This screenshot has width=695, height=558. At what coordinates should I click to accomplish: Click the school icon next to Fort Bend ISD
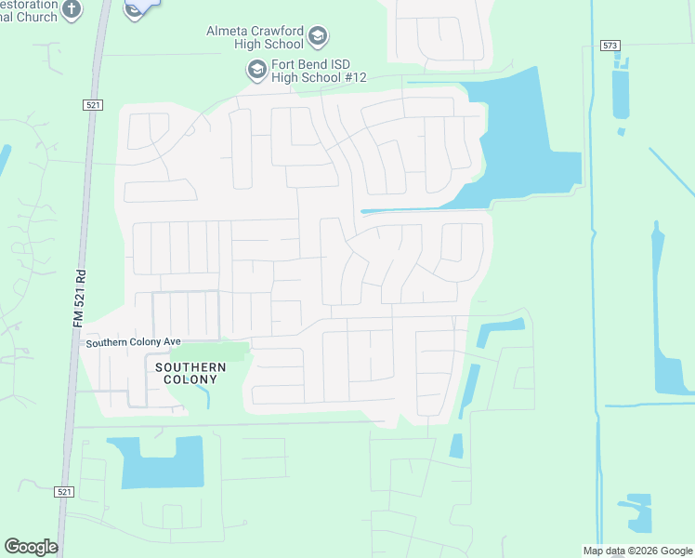pos(256,70)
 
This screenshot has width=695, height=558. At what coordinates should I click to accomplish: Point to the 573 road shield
pos(610,45)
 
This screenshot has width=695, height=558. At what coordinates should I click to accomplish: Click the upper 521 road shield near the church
pos(91,107)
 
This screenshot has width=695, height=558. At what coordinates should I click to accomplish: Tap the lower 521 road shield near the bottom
pos(64,491)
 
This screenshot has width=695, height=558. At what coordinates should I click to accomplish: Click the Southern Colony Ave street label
pos(133,342)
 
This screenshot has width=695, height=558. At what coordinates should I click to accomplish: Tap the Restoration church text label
pos(28,9)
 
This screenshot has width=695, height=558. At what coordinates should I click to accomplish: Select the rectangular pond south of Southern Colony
pos(162,462)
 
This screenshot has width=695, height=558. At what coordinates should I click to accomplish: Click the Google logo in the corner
pos(31,547)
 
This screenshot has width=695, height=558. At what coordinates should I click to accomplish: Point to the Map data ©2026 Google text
pos(637,550)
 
